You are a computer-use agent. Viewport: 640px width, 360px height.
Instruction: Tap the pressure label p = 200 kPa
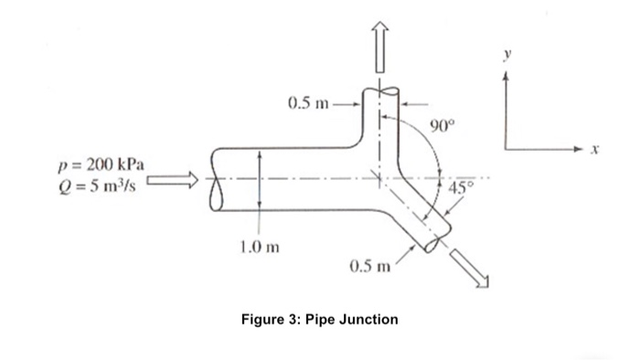[x=99, y=164]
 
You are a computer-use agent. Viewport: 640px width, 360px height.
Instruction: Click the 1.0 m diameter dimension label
[x=259, y=246]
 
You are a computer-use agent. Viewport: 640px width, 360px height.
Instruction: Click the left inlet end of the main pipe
[x=217, y=179]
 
